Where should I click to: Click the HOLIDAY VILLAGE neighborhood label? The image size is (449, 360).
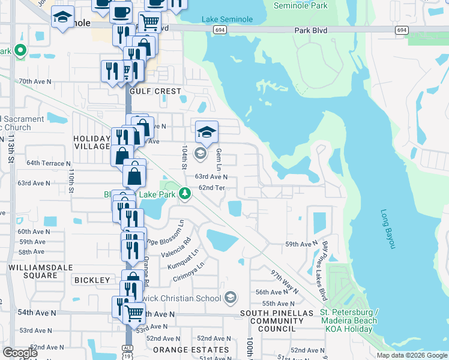[x=92, y=143]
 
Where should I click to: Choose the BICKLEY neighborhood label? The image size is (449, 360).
[x=92, y=280]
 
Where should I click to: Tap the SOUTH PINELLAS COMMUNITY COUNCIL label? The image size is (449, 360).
[x=277, y=321]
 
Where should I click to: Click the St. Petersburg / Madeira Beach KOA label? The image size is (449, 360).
[x=349, y=316]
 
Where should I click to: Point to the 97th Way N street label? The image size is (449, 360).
[x=284, y=281]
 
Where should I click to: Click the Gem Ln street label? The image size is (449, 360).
[x=219, y=159]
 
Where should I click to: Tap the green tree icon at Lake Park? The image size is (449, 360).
[x=186, y=193]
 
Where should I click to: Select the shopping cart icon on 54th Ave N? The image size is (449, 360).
[x=134, y=313]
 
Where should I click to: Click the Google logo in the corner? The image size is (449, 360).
[x=20, y=352]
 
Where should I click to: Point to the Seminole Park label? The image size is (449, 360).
[x=301, y=5]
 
